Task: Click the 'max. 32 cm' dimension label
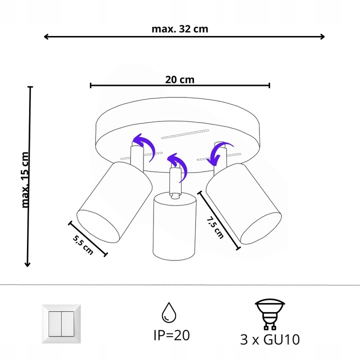[179, 28]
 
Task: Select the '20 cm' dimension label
[179, 79]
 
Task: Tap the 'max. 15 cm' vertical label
[25, 178]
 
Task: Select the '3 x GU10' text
[269, 339]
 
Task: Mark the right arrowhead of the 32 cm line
[322, 36]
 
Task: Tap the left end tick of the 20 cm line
[91, 85]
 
